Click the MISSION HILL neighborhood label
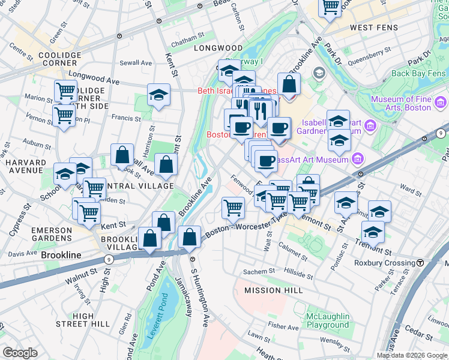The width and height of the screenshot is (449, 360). [271, 290]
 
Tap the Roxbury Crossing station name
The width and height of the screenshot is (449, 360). [387, 263]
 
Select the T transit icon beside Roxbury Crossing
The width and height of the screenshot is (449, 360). [421, 263]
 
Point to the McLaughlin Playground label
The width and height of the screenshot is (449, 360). [319, 320]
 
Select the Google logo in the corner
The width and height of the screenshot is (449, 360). [20, 353]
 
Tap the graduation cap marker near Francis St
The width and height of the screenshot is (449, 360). [158, 95]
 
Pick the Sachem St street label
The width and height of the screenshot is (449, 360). [259, 272]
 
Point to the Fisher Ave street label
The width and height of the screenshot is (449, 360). [284, 326]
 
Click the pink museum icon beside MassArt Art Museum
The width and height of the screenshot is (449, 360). [358, 159]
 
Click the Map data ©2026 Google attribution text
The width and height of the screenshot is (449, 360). [412, 355]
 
